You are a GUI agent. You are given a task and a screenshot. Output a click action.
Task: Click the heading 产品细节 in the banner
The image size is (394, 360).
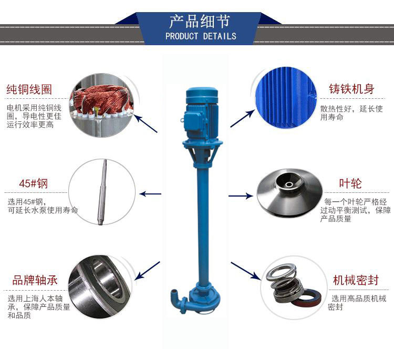click(200, 21)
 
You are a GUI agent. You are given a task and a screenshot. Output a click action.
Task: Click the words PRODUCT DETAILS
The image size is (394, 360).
click(201, 36)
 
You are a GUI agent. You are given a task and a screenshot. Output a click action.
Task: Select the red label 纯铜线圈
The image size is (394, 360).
click(29, 89)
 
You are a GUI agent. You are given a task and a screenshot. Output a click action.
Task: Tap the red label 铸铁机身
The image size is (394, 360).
click(352, 89)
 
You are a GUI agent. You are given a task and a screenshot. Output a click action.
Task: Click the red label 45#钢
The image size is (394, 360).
click(34, 183)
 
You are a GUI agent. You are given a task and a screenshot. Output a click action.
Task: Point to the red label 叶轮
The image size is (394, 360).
click(350, 183)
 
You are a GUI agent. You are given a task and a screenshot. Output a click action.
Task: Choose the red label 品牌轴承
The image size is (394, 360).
click(35, 280)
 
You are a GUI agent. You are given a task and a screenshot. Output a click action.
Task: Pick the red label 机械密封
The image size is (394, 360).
click(356, 280)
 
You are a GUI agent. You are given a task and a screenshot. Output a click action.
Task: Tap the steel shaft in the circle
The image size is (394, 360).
click(102, 192)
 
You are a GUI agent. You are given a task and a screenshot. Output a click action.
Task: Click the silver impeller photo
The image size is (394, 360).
click(289, 192)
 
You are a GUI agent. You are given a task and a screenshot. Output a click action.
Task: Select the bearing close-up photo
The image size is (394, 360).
click(100, 286)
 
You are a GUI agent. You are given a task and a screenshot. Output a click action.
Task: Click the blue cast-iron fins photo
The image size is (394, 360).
click(286, 98)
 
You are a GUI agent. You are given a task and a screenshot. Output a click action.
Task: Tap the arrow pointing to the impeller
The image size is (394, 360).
click(241, 196)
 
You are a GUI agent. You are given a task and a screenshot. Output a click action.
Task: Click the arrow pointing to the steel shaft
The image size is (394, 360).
click(150, 194)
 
